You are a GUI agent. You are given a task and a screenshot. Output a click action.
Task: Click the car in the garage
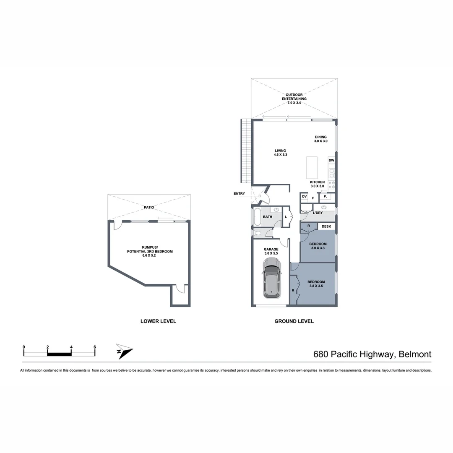pos(271,278)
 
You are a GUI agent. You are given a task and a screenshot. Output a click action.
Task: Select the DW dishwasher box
pos(331,161)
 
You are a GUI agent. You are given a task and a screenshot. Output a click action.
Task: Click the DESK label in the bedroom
pos(326,226)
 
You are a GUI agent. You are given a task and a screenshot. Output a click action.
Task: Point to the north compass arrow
pos(124,351)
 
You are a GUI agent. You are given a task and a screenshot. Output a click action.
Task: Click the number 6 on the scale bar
pos(95,347)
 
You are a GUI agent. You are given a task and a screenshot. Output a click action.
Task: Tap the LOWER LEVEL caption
pos(158,321)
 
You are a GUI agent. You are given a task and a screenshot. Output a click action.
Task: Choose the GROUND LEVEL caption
pos(294,321)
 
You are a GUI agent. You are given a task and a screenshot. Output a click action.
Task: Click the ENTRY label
pos(240,193)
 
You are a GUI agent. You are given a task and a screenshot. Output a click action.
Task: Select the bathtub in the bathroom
pos(257,217)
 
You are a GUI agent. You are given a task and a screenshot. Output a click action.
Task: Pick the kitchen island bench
pos(312,168)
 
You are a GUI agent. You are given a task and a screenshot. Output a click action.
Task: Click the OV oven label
pos(304,197)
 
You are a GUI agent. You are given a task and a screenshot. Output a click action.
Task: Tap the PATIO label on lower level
pos(148,207)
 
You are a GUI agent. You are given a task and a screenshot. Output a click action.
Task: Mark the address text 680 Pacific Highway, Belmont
pos(372,354)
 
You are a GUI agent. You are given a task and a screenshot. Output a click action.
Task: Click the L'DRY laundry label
pos(318,213)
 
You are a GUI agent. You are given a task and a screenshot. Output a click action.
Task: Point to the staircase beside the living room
pos(246,151)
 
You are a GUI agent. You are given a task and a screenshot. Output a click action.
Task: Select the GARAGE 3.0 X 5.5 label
pos(271,251)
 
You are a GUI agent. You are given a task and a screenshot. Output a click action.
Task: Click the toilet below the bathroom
pos(258,233)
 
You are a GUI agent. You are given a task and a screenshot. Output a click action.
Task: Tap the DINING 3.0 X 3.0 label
pos(320,139)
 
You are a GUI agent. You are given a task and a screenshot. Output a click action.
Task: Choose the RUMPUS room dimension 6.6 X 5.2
pos(150,255)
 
